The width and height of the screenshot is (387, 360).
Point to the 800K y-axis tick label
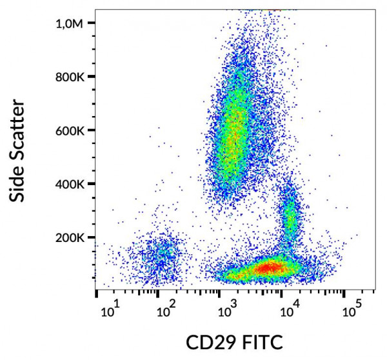click(70, 77)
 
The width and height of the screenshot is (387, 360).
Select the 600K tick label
click(70, 130)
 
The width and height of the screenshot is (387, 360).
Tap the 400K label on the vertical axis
click(70, 184)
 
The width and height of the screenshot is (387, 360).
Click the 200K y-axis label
click(70, 237)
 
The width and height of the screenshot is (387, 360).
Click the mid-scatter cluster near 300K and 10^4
click(290, 216)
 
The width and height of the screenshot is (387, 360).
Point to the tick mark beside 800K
click(92, 77)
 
